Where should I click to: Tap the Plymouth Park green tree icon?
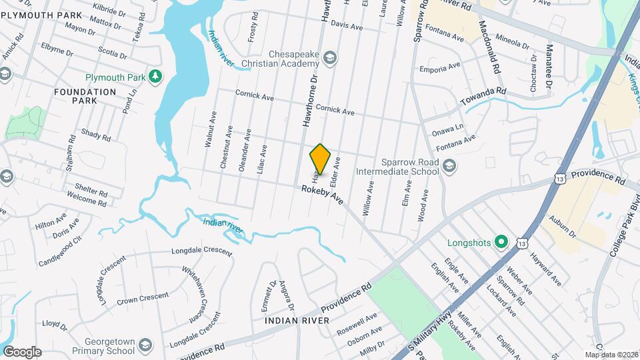pyautogui.click(x=155, y=77)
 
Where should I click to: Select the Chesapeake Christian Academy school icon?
pyautogui.click(x=329, y=59)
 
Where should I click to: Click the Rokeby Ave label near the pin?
pyautogui.click(x=322, y=195)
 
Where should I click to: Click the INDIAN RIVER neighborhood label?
pyautogui.click(x=297, y=321)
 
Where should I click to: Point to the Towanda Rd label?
pyautogui.click(x=483, y=97)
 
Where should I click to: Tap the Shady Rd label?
pyautogui.click(x=96, y=135)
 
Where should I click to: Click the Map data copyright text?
pyautogui.click(x=611, y=355)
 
